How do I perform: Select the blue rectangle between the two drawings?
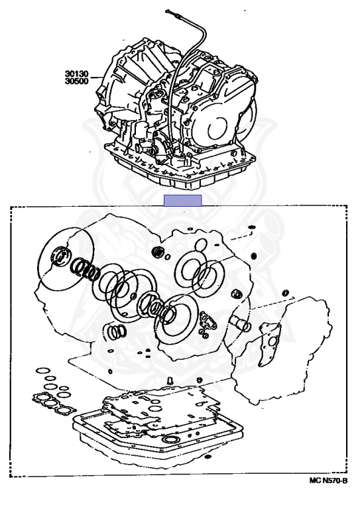tap(182, 200)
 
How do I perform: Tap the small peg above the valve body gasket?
tap(170, 380)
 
